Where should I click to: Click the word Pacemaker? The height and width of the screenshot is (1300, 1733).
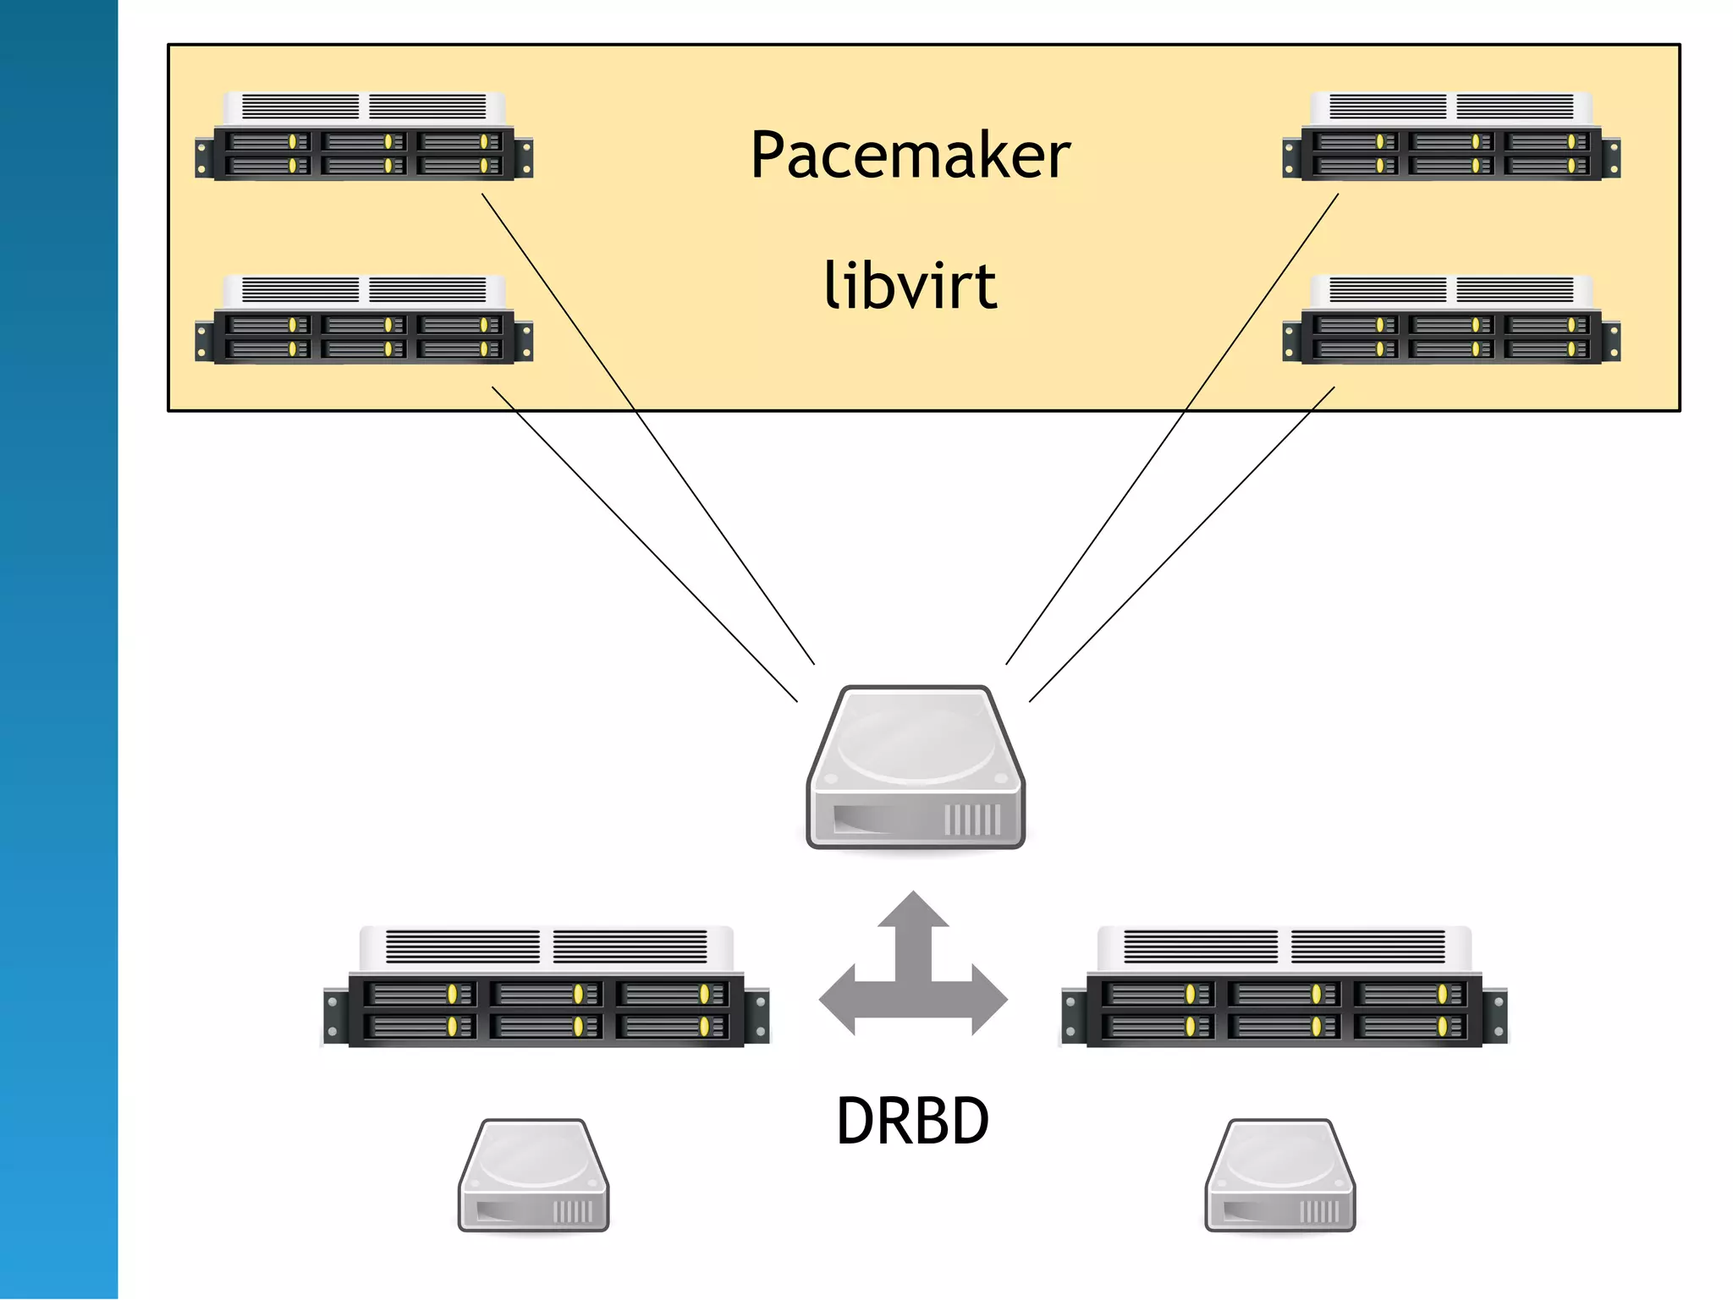tap(911, 156)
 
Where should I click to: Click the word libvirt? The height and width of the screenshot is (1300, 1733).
tap(911, 286)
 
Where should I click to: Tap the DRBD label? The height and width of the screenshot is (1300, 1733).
tap(912, 1121)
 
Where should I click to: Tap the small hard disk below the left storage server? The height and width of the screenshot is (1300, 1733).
tap(533, 1176)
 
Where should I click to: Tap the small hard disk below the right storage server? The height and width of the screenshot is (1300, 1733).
tap(1280, 1176)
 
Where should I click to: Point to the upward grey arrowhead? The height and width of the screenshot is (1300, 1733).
tap(913, 909)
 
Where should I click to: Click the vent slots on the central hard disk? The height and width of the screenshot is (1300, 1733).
tap(972, 820)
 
